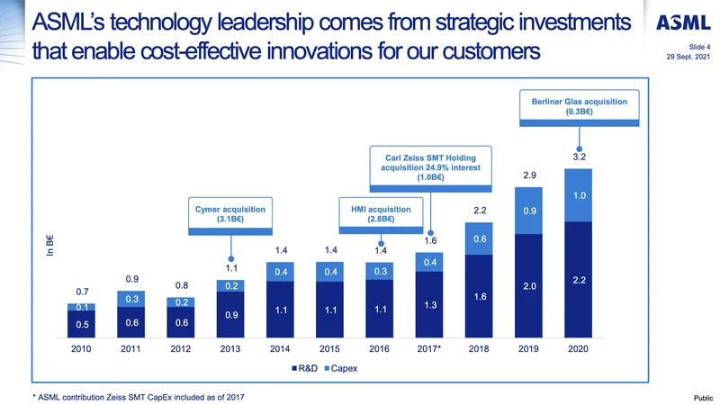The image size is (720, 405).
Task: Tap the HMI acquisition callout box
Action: pos(380,213)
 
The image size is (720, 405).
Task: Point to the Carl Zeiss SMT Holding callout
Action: pos(432,167)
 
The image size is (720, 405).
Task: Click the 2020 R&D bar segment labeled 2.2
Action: pos(579,281)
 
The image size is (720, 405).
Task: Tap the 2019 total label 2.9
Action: pos(529,174)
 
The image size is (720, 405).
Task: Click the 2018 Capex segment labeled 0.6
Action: pos(480,239)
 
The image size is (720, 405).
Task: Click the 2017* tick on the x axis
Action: pos(430,352)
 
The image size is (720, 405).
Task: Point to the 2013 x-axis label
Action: pos(231,352)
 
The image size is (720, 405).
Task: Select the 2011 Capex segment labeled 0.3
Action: pos(132,299)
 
